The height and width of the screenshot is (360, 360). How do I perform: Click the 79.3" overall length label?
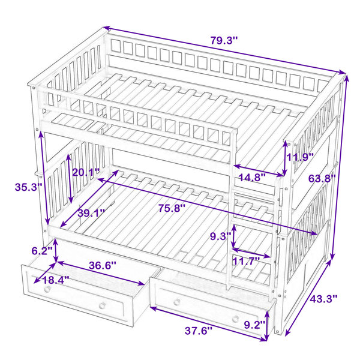(x=224, y=41)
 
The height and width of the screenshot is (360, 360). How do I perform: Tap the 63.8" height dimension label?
(x=322, y=178)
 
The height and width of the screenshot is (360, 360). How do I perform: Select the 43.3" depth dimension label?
(x=323, y=299)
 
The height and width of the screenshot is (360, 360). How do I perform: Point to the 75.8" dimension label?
(x=172, y=209)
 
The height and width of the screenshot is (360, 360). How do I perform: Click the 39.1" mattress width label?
(x=91, y=213)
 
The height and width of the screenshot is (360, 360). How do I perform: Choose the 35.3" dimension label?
(x=28, y=187)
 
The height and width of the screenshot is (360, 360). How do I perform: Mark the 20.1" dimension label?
(x=86, y=172)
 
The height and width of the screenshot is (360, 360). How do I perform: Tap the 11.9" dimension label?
(x=301, y=157)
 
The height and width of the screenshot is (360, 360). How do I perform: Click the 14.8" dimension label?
(x=252, y=177)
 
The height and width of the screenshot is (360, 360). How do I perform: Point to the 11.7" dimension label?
(x=246, y=261)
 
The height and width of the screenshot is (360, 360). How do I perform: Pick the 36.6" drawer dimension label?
(x=103, y=266)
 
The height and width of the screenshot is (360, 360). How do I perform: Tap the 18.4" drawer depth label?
(x=56, y=280)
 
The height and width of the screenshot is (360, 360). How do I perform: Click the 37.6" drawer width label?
(x=199, y=331)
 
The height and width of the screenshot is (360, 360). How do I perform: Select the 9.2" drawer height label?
(x=254, y=325)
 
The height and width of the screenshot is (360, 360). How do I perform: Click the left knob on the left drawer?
(x=47, y=290)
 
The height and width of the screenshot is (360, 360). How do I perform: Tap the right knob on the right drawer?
(x=235, y=319)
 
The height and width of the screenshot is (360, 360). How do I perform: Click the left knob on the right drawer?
(x=177, y=302)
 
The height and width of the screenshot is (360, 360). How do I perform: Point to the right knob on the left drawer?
(x=102, y=305)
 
